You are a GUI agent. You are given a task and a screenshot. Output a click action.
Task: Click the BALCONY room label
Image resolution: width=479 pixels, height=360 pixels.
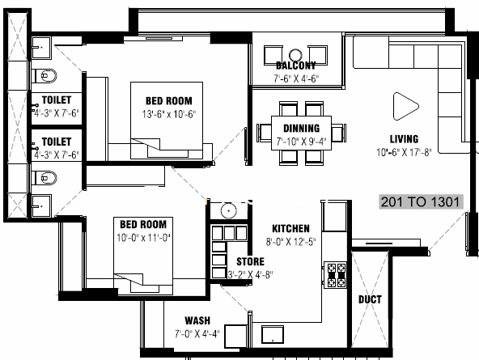(x=295, y=66)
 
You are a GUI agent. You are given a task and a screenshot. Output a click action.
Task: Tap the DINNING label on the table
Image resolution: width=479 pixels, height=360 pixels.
(x=302, y=129)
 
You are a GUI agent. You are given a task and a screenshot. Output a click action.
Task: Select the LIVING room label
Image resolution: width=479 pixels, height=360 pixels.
(x=404, y=139)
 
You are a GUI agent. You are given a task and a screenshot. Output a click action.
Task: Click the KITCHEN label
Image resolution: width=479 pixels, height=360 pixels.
(x=290, y=228)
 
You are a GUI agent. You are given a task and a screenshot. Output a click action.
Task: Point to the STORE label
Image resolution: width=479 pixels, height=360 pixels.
(x=251, y=261)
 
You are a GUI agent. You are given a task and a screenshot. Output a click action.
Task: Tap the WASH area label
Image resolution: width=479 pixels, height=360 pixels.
(x=197, y=320)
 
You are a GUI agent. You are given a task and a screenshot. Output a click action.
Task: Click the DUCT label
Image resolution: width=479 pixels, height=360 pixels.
(x=370, y=299)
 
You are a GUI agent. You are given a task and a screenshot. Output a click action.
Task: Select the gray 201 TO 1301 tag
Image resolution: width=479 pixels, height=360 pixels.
(x=421, y=201)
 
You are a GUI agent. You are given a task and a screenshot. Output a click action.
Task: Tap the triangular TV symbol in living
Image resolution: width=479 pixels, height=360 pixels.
(x=405, y=106)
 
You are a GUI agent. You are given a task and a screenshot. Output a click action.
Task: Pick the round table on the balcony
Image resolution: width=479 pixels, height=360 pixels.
(x=295, y=55)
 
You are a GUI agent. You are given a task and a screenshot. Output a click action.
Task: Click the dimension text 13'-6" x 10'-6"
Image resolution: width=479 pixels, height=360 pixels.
(x=168, y=114)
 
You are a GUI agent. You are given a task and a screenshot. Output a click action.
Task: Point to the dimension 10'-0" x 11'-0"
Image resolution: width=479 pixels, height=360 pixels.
(x=143, y=238)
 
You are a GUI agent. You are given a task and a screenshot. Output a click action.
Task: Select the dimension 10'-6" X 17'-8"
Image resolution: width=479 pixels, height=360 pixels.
(x=404, y=152)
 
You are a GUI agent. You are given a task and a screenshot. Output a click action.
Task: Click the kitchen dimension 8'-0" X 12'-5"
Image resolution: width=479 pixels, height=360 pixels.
(x=290, y=242)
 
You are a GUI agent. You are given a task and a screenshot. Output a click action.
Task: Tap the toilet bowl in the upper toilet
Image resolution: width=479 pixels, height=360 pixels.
(x=45, y=76)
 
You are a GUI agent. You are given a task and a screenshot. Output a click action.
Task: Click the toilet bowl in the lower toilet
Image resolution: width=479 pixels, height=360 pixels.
(x=45, y=178)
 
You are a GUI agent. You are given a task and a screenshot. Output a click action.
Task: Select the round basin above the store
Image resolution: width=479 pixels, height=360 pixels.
(x=228, y=210)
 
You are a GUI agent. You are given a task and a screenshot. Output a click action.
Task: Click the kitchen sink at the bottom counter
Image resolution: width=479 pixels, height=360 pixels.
(x=273, y=335)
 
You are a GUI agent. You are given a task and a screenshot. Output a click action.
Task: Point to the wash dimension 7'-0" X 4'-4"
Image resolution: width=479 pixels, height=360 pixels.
(x=197, y=334)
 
